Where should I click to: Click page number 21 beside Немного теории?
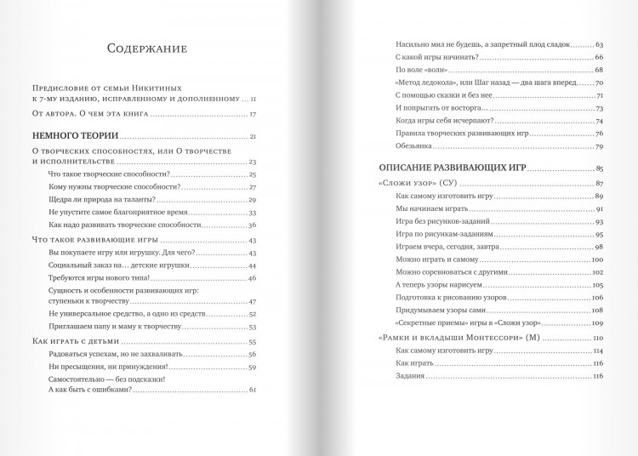tap(253, 137)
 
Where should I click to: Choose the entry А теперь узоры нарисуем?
tap(440, 284)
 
